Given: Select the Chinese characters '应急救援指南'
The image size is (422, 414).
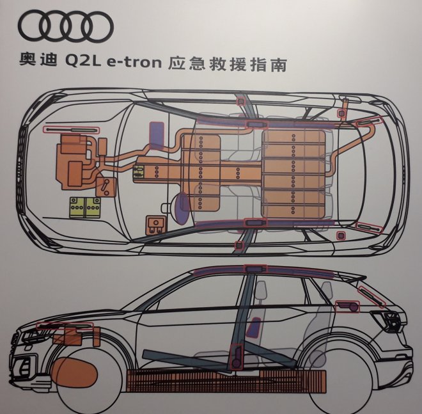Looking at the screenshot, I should [226, 64].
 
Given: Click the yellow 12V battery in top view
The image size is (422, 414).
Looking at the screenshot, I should [86, 207].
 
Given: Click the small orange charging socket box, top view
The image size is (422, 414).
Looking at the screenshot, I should [153, 225].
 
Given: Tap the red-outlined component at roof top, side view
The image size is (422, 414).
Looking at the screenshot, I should [256, 269].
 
